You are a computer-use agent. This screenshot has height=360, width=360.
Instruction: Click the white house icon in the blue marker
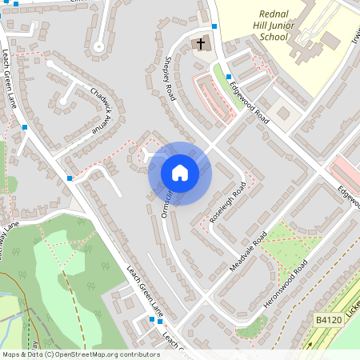point(179,173)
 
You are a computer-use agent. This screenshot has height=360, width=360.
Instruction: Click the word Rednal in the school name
point(279,14)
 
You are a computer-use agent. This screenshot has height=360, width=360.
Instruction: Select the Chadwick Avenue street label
point(100,110)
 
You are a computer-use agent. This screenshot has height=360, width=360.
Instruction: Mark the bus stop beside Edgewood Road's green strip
point(229,77)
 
